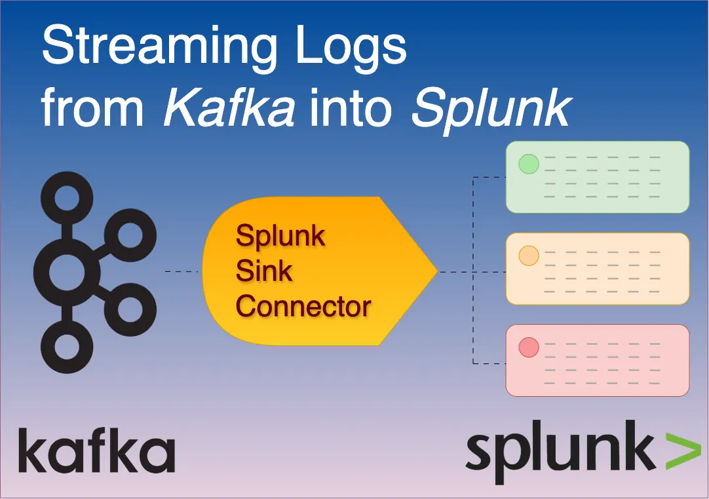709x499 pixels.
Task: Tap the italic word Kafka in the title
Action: (x=229, y=107)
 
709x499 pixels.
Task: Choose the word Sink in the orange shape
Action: (x=264, y=270)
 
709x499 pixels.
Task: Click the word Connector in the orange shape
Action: (x=303, y=306)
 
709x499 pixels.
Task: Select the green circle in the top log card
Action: (x=528, y=164)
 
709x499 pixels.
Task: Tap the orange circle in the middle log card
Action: (x=528, y=256)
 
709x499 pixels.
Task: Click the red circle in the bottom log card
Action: (x=528, y=348)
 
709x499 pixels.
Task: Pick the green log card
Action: (x=598, y=177)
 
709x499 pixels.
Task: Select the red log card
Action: (x=598, y=360)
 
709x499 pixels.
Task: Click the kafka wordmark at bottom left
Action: (x=96, y=451)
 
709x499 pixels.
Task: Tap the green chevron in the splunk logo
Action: (x=683, y=451)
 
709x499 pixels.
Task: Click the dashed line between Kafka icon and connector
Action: (x=182, y=271)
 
